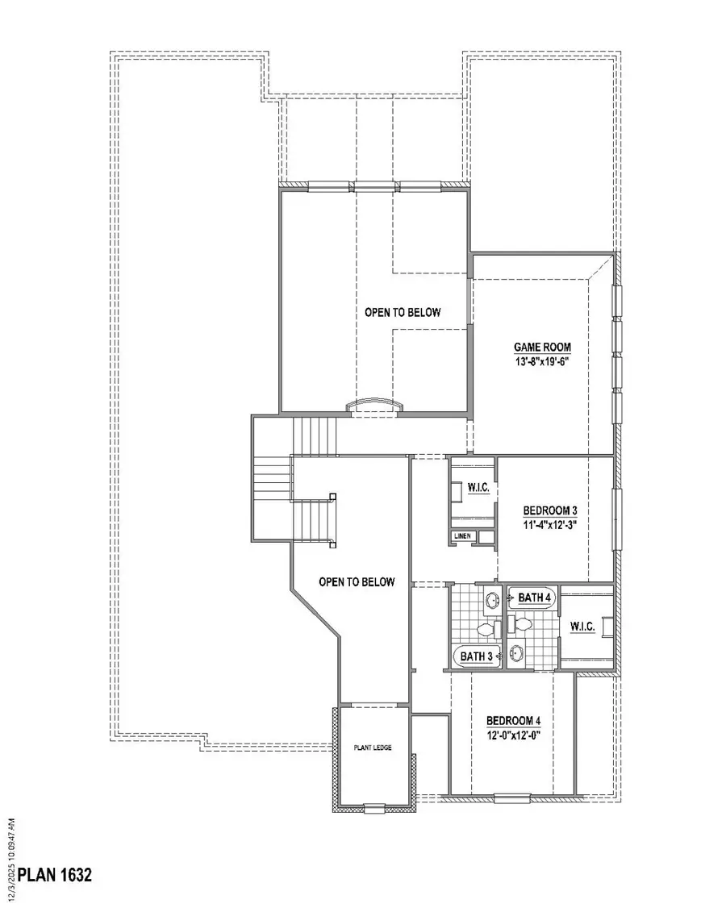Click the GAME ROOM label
(x=542, y=348)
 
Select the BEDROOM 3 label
(x=550, y=510)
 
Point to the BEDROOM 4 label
(x=512, y=721)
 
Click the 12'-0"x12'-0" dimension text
(x=512, y=735)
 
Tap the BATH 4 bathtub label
(x=534, y=598)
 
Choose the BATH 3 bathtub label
(x=476, y=657)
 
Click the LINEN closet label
(x=461, y=535)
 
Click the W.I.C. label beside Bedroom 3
(x=471, y=486)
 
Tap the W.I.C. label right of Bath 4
(x=582, y=627)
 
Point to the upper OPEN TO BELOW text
(x=403, y=312)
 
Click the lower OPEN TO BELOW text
(x=357, y=581)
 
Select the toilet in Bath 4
(x=522, y=623)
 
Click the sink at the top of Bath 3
(x=491, y=599)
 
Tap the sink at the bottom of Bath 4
(x=516, y=653)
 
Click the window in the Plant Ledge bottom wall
(x=373, y=806)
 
